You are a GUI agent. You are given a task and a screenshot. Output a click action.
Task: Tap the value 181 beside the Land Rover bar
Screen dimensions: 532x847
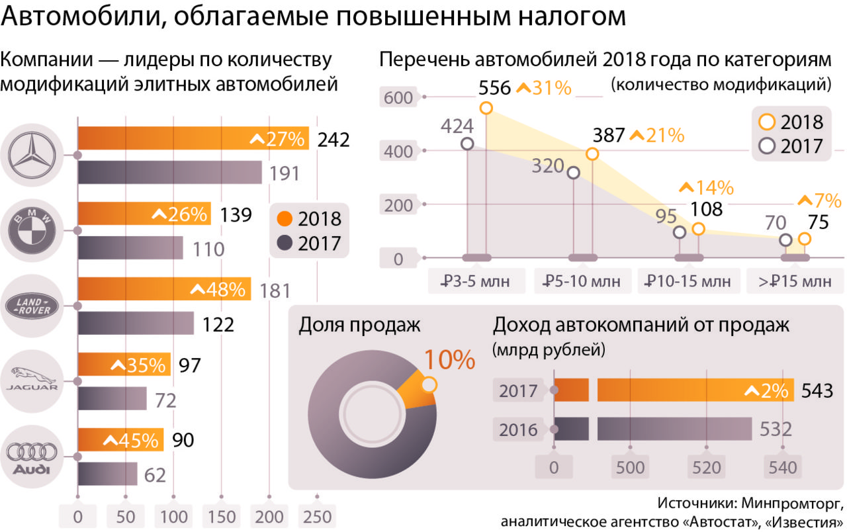pos(271,290)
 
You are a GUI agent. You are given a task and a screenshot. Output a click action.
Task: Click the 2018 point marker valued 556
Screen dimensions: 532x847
pos(486,109)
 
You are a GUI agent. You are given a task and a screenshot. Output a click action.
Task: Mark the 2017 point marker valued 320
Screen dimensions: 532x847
pos(574,173)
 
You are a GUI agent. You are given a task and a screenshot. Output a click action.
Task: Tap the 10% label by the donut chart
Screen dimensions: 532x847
pos(449,360)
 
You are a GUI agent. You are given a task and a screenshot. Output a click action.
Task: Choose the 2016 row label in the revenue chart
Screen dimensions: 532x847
pos(518,429)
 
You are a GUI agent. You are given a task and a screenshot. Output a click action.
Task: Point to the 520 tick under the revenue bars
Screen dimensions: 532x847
pos(707,468)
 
